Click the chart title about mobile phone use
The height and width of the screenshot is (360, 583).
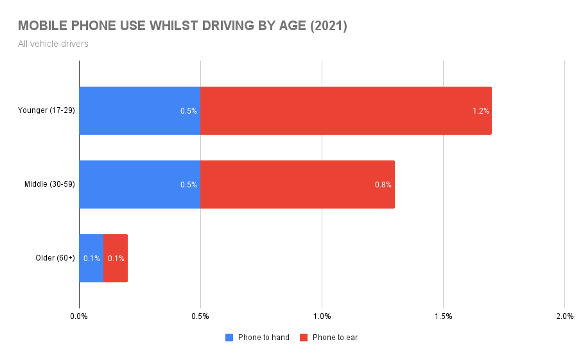[182, 26]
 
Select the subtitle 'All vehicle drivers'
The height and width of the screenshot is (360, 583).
[53, 44]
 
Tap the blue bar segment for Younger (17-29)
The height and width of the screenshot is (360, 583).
[139, 110]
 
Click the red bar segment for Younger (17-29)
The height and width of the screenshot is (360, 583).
[345, 110]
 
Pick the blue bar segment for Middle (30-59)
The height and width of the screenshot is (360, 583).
[139, 184]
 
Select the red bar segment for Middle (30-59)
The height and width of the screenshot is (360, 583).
[297, 184]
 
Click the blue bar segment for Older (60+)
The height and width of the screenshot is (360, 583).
[91, 258]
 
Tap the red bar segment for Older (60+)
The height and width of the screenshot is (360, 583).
[116, 258]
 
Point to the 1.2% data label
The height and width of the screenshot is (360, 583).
[480, 111]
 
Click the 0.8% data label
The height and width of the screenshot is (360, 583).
[383, 185]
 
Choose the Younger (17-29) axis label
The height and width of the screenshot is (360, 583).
[46, 110]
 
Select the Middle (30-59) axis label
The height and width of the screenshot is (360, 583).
[49, 184]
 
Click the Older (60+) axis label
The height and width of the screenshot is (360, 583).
[55, 258]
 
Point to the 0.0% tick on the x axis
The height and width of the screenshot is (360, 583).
[79, 316]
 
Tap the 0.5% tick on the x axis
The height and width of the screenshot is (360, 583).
[200, 316]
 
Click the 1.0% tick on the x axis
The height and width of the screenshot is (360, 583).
[322, 316]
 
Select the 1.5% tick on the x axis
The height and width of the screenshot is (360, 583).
[443, 316]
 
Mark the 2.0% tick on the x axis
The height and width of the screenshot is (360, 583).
[564, 316]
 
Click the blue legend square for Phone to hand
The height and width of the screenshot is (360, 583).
[229, 338]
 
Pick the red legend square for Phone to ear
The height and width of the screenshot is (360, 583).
[304, 338]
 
